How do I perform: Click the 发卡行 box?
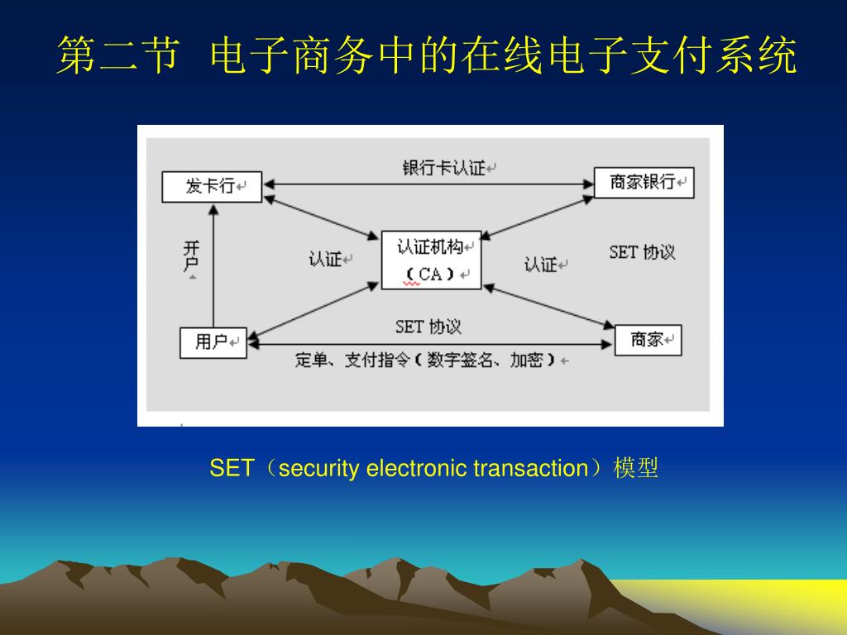[x=211, y=186]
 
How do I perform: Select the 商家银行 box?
[x=644, y=183]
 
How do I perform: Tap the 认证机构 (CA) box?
[x=430, y=260]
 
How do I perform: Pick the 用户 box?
[x=213, y=341]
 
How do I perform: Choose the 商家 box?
[x=648, y=340]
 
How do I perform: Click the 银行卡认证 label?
[x=444, y=168]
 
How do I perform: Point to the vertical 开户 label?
[x=192, y=256]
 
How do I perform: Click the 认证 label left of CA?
[x=326, y=260]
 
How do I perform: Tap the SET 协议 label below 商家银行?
[x=642, y=252]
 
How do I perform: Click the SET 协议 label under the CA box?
[x=428, y=327]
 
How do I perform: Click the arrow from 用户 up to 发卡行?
[x=213, y=265]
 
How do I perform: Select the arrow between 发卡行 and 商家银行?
[x=428, y=184]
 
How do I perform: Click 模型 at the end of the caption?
[x=636, y=469]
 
